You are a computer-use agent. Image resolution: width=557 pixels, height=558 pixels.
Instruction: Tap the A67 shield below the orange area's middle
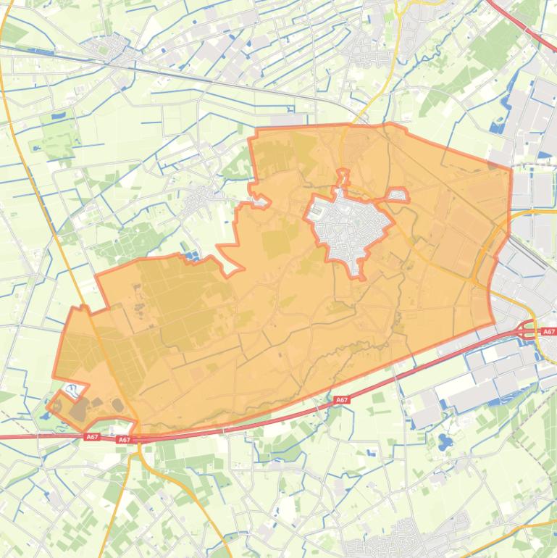(342, 399)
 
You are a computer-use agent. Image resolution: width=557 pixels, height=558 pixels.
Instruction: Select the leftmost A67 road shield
(91, 436)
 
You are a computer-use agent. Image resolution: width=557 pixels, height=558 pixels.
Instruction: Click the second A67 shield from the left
(124, 439)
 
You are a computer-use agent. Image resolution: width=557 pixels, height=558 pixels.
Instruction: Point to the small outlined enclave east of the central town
(398, 195)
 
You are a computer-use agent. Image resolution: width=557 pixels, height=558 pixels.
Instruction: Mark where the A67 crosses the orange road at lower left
(138, 438)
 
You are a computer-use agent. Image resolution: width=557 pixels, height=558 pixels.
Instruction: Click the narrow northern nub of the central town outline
(343, 178)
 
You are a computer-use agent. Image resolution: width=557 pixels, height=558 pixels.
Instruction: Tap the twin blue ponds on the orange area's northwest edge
(192, 255)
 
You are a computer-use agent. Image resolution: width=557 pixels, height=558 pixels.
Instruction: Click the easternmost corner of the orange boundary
(511, 171)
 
